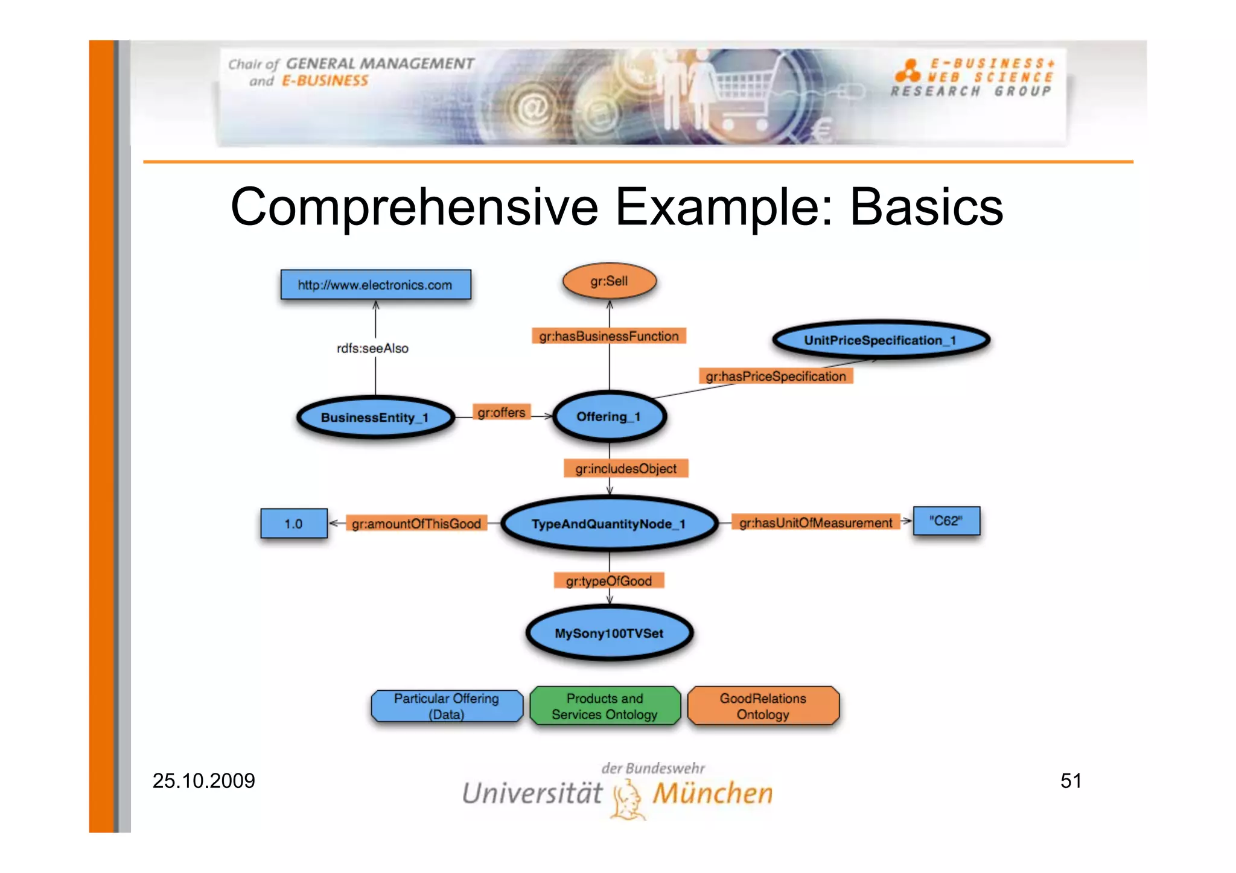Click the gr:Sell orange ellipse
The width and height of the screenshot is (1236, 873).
click(609, 281)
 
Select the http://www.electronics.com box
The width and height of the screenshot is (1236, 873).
click(375, 285)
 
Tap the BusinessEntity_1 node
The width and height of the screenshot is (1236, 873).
click(375, 417)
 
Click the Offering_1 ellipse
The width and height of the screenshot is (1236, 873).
click(609, 417)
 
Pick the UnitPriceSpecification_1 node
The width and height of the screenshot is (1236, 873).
click(881, 340)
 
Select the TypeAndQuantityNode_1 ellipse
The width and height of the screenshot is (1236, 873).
click(609, 524)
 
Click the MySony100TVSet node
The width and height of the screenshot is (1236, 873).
click(609, 633)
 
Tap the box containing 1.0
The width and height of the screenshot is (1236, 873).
click(294, 524)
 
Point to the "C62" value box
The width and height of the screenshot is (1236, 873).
click(946, 521)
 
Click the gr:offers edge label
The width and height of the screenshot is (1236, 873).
click(502, 413)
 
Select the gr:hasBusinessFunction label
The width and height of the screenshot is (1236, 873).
click(609, 336)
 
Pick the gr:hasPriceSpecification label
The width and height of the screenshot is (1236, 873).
click(776, 376)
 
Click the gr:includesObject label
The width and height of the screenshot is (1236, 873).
click(626, 469)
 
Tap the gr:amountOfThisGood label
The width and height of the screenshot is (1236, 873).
click(416, 524)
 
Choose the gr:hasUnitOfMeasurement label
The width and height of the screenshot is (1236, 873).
click(815, 522)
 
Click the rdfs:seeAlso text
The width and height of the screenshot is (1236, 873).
click(372, 348)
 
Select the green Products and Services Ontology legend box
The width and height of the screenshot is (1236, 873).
click(605, 706)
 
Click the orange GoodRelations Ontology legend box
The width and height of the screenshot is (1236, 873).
click(763, 706)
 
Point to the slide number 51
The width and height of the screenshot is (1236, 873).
click(1071, 781)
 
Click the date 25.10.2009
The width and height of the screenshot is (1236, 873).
click(204, 781)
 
